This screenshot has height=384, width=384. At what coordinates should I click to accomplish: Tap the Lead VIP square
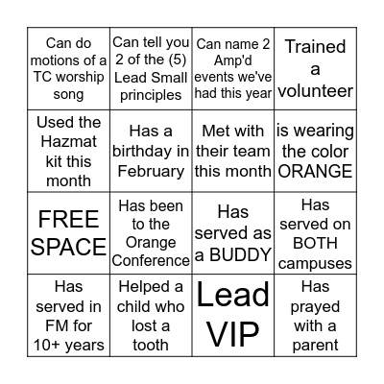click(x=233, y=315)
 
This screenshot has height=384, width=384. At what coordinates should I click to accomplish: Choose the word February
click(x=151, y=171)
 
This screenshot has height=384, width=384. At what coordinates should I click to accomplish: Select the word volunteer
click(x=316, y=91)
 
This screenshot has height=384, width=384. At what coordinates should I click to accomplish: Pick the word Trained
click(x=315, y=47)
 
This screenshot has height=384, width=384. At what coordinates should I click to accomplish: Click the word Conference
click(x=151, y=261)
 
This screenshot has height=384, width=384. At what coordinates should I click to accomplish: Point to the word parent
click(x=316, y=346)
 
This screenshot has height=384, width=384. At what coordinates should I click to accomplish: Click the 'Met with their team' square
click(x=233, y=151)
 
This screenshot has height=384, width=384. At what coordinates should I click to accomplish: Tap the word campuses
click(x=316, y=263)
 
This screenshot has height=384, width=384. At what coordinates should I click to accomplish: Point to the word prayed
click(x=316, y=306)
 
